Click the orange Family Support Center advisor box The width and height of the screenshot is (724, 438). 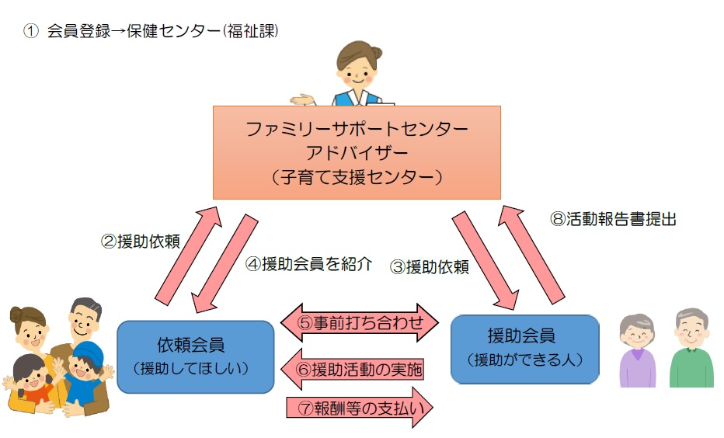point(357,152)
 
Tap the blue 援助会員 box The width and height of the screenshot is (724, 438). point(525,349)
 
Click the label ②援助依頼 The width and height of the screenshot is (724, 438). point(141,241)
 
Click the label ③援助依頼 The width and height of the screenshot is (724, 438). point(430,267)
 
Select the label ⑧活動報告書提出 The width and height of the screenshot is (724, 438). point(613,219)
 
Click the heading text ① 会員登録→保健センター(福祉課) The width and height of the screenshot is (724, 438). point(151,32)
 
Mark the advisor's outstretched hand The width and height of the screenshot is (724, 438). point(301,99)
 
